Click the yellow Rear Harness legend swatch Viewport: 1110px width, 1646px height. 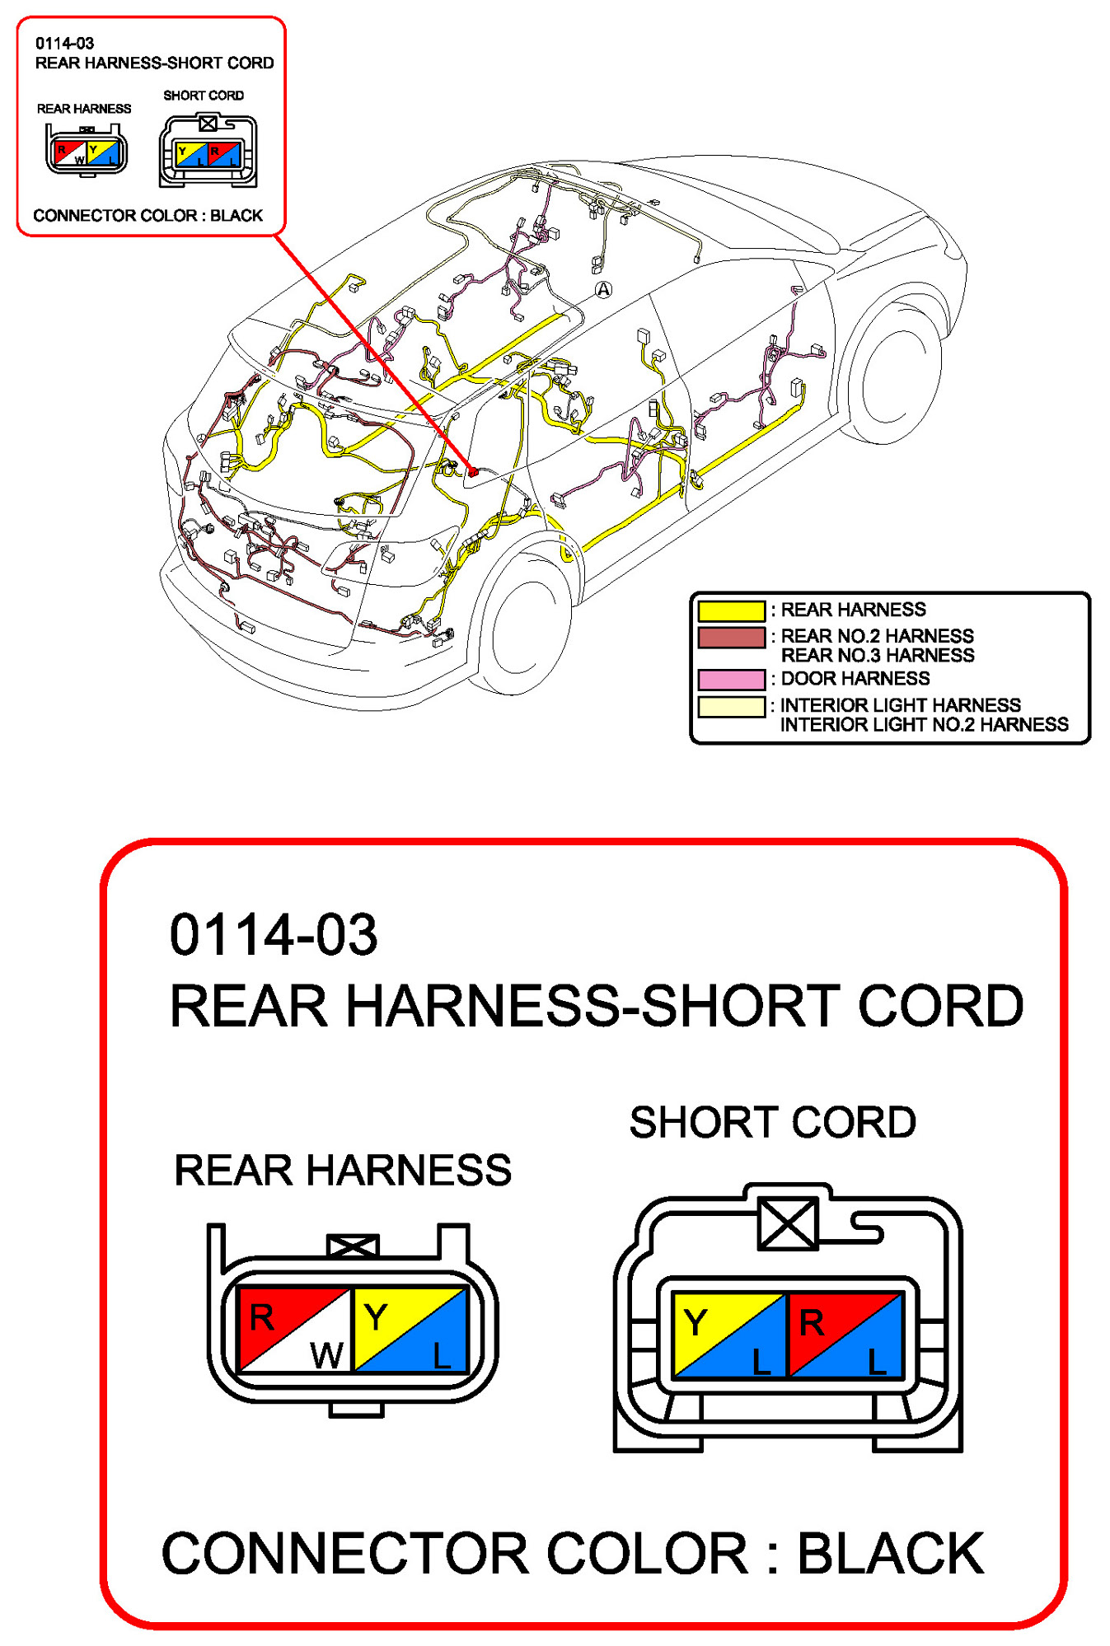[x=731, y=610]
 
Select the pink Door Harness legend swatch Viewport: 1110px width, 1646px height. [x=731, y=680]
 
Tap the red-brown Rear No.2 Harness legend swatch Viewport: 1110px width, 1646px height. [x=731, y=638]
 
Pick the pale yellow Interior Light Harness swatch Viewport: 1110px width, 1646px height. [x=731, y=707]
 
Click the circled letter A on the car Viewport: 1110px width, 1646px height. [x=604, y=290]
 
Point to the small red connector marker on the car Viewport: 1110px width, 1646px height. [x=473, y=471]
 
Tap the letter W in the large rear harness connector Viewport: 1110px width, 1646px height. [x=326, y=1355]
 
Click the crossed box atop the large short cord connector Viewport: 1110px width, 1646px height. [x=788, y=1223]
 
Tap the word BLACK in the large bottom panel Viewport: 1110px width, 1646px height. [x=890, y=1554]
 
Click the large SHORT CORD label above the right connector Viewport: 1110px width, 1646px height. [x=772, y=1122]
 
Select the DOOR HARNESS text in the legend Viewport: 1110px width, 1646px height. [x=855, y=679]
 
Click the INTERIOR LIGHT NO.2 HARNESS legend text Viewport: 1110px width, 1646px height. [x=924, y=725]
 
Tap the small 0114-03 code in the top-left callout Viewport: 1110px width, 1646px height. [x=64, y=44]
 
